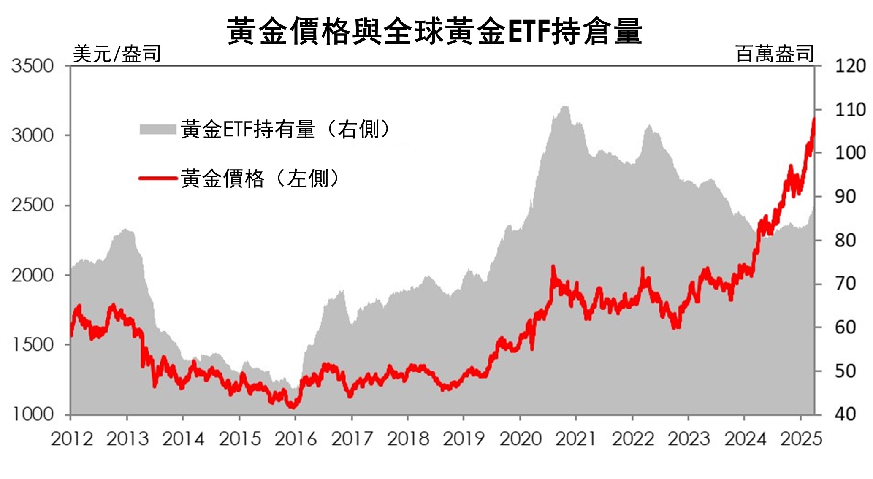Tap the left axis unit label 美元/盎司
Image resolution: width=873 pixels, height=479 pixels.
117,54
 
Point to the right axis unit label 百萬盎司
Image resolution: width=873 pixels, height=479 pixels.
775,54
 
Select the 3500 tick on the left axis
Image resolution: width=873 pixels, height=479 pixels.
33,66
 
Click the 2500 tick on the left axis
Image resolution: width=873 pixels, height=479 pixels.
33,206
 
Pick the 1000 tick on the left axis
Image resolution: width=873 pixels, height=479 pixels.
33,414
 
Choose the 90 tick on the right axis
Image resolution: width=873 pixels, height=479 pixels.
846,197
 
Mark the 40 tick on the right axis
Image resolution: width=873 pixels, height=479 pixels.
846,414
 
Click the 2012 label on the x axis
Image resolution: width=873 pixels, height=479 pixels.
72,439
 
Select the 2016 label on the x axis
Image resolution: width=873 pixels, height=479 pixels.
296,439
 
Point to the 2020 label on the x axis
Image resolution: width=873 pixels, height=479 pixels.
520,439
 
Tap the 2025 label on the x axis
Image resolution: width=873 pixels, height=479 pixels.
801,439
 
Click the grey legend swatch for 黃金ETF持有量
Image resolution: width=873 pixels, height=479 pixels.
157,129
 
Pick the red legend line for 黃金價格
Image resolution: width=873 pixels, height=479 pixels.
157,179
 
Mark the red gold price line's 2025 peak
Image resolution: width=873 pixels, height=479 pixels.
813,120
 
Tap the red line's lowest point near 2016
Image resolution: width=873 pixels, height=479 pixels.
292,407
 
